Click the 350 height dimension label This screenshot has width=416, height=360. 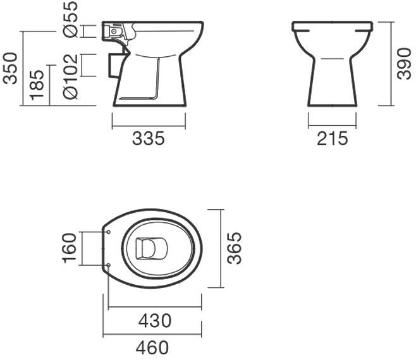point(10,68)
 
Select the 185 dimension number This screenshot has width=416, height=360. point(37,85)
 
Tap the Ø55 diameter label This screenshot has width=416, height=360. point(71,19)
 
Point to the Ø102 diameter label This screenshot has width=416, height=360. point(71,76)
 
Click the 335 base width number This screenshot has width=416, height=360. point(149,138)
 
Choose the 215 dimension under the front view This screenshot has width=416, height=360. point(332,138)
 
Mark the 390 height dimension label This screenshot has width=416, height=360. point(404,63)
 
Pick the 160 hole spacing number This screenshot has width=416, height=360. point(70,248)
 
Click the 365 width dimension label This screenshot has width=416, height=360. point(235,248)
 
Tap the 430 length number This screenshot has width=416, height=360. point(155,320)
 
